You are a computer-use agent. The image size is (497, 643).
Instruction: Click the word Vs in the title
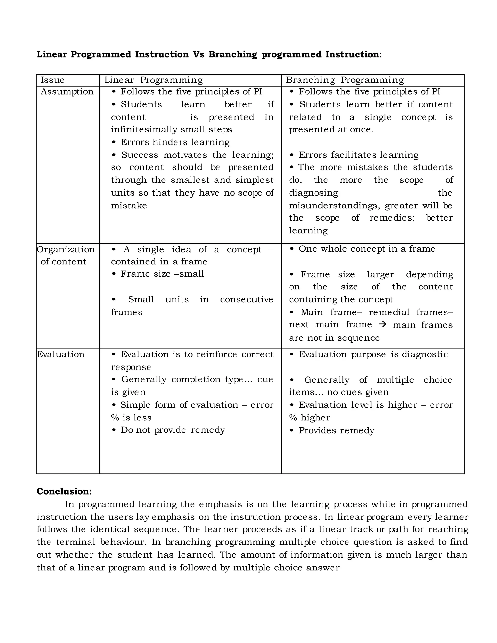(199, 54)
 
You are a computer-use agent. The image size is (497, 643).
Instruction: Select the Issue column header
(52, 80)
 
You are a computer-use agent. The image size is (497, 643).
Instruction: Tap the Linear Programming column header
(153, 80)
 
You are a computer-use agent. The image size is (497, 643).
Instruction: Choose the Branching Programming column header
(345, 80)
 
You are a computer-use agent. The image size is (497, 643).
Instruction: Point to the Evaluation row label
(60, 354)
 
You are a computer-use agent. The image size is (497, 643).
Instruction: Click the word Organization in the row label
(66, 249)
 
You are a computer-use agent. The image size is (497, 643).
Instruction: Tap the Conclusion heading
(64, 491)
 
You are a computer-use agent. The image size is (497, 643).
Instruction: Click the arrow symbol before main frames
(382, 324)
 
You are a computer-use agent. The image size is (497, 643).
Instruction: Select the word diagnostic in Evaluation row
(425, 354)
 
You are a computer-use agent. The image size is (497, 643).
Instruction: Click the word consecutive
(247, 299)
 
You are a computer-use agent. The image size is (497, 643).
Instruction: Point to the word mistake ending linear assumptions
(129, 206)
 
